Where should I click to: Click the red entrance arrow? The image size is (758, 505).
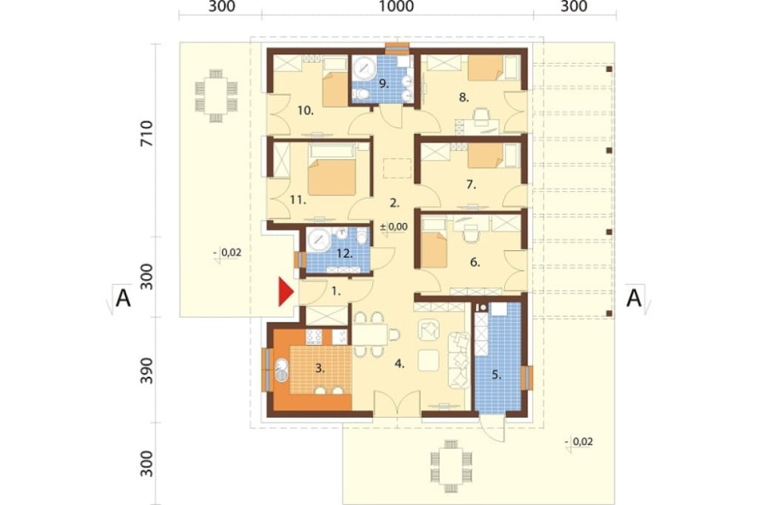coord(285,292)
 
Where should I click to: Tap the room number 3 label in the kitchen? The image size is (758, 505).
coord(320,368)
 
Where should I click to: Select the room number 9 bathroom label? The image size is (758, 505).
coord(384,83)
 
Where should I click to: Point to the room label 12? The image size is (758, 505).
coord(345,253)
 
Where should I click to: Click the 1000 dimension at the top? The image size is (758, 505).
coord(396,6)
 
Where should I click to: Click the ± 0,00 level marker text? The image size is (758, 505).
coord(394,227)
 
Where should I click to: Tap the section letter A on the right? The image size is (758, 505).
coord(634,299)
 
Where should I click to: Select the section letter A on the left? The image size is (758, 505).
coord(124,299)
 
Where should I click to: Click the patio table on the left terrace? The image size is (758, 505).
coord(216,96)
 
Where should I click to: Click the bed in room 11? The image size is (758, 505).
coord(332,169)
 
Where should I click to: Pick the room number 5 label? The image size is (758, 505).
coord(496,375)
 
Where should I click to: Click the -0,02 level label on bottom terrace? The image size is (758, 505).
coord(578,441)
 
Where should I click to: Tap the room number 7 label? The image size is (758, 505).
coord(471,184)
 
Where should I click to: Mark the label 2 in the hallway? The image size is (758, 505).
coord(394,203)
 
